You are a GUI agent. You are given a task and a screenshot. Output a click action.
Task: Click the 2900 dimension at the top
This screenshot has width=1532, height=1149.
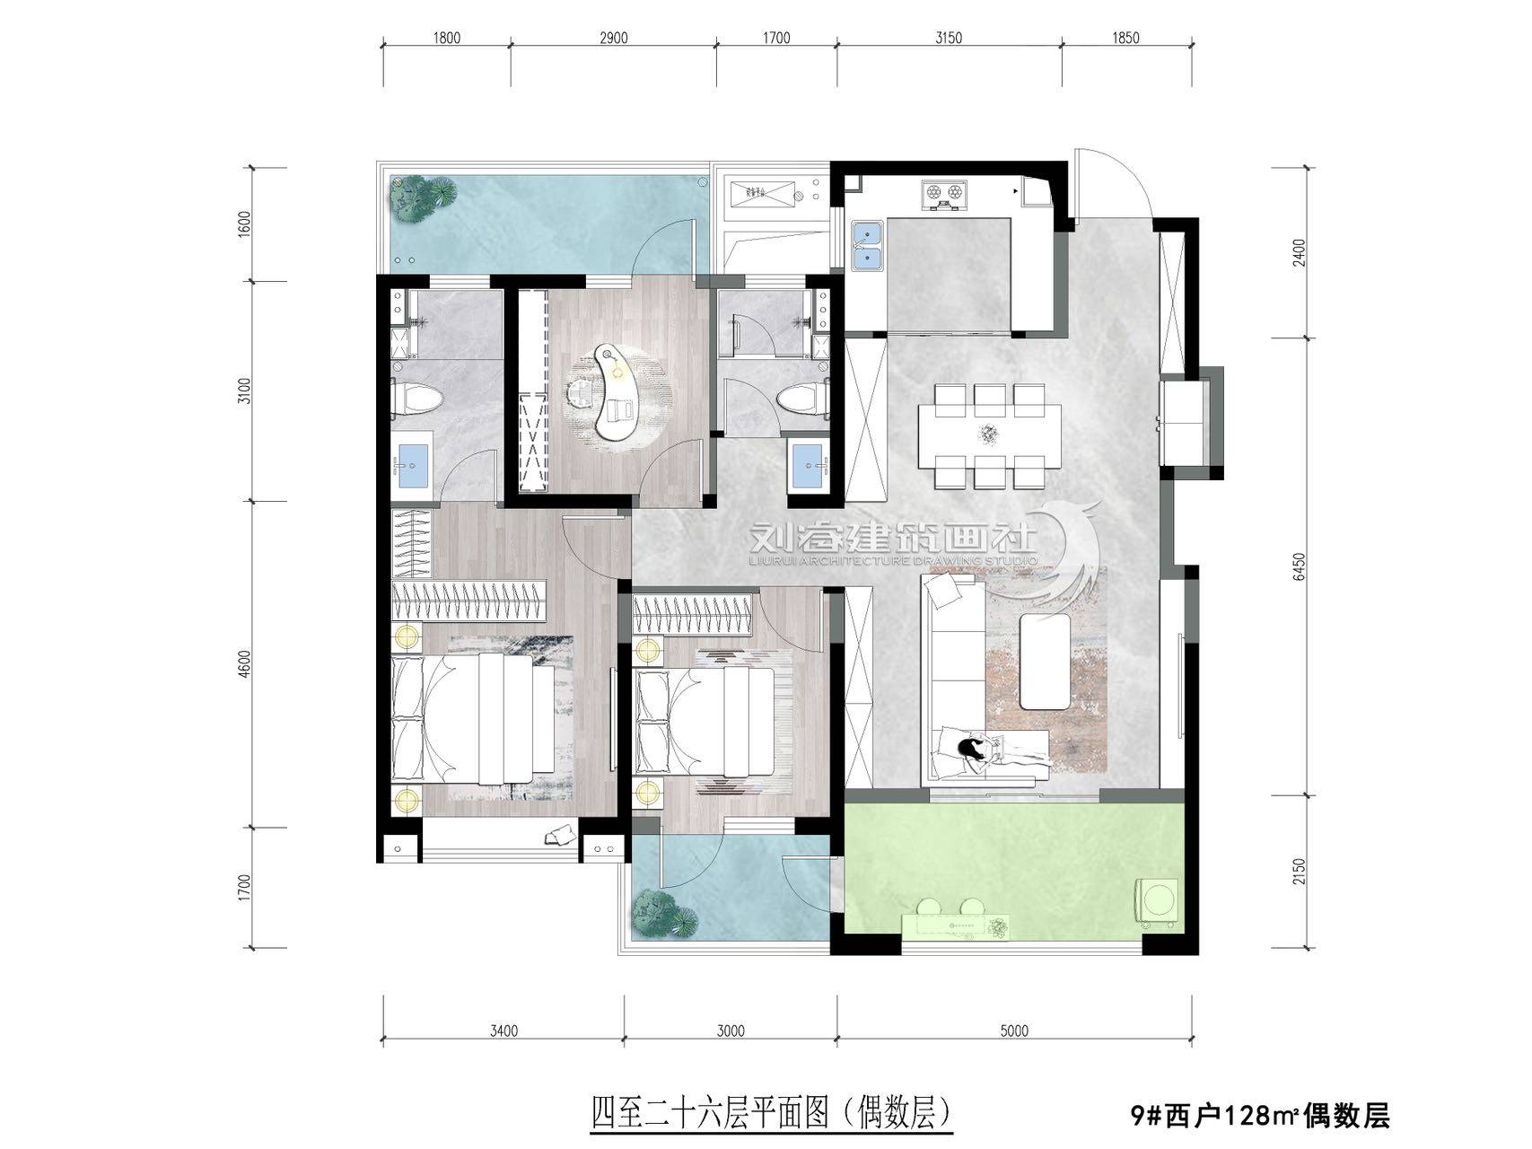coord(612,38)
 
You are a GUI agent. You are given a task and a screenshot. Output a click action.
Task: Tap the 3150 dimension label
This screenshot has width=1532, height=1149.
coord(948,38)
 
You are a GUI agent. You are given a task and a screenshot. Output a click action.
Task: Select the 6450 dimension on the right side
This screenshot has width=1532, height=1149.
coord(1299,567)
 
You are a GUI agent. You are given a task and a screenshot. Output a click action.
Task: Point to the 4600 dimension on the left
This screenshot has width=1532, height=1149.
coord(245,664)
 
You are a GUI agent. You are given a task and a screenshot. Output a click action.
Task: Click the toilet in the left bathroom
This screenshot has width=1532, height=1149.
coord(415,399)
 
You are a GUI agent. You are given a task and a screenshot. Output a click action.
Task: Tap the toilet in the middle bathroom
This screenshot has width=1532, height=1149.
coord(801,399)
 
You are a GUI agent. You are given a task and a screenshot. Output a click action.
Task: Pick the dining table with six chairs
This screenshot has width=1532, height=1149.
coord(988,435)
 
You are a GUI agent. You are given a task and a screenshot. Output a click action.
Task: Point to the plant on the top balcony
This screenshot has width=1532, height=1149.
coord(420,198)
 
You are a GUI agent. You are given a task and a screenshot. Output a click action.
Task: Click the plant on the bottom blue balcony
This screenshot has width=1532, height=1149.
coord(665,914)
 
